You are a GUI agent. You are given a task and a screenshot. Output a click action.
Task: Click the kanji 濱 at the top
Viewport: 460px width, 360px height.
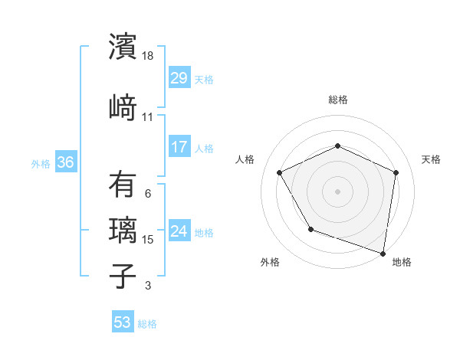coord(122,47)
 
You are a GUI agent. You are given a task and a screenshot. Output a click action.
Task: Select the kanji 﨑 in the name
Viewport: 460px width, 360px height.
coord(122,108)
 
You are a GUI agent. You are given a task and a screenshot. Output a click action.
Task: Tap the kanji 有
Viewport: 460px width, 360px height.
coord(122,185)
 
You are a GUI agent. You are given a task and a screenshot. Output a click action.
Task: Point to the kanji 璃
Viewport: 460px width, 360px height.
coord(122,231)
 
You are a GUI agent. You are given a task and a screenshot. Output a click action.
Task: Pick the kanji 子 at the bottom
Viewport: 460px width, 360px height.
coord(122,277)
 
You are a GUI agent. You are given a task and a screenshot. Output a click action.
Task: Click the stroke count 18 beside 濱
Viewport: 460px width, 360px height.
coord(149,55)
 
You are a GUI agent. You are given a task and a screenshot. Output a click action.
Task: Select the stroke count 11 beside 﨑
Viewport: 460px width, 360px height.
coord(148,117)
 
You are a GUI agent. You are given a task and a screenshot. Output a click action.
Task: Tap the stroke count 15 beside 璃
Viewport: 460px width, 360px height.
coord(149,240)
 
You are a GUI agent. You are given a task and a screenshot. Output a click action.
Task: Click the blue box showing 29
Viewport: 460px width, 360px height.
coord(179,78)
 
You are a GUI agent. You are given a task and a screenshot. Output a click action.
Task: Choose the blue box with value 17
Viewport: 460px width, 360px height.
coord(179,147)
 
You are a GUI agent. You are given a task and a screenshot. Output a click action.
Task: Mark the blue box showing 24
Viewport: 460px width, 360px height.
coord(179,231)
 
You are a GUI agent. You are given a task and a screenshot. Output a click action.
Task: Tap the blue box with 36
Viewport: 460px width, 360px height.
coord(65,162)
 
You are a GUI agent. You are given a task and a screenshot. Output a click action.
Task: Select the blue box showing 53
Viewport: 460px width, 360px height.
coord(122,322)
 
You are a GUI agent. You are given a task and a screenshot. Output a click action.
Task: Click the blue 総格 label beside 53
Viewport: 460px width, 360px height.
coord(147,324)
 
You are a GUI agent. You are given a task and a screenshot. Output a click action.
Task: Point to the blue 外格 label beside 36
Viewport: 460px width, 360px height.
coord(40,163)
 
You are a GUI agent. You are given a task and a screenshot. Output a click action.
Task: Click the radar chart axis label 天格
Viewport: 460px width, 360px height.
coord(431,159)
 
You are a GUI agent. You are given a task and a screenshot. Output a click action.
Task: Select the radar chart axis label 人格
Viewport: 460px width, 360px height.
coord(245,159)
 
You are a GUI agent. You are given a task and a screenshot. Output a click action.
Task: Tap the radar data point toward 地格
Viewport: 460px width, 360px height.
coord(383,253)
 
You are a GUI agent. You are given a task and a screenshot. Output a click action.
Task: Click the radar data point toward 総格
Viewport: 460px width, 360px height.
coord(337,146)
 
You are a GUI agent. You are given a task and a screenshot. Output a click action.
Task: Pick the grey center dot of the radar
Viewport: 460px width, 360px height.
coord(337,191)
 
